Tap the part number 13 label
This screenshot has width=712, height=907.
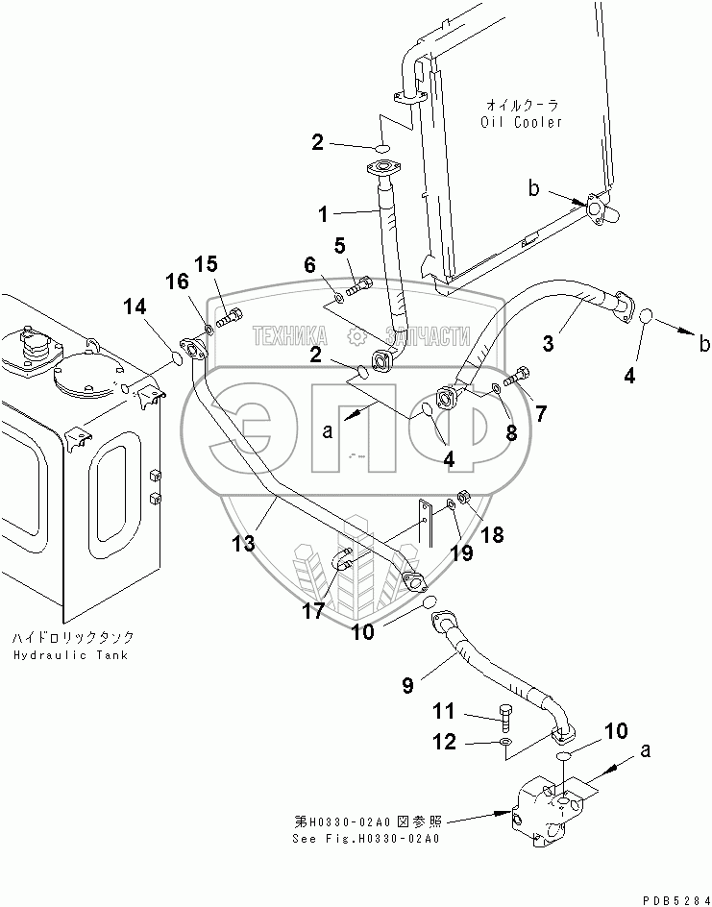click(x=243, y=544)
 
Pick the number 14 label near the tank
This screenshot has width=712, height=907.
click(x=135, y=308)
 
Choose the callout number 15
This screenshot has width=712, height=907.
click(x=207, y=264)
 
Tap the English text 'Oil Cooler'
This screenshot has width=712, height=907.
click(x=522, y=122)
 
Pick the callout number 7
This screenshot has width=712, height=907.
click(x=540, y=414)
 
